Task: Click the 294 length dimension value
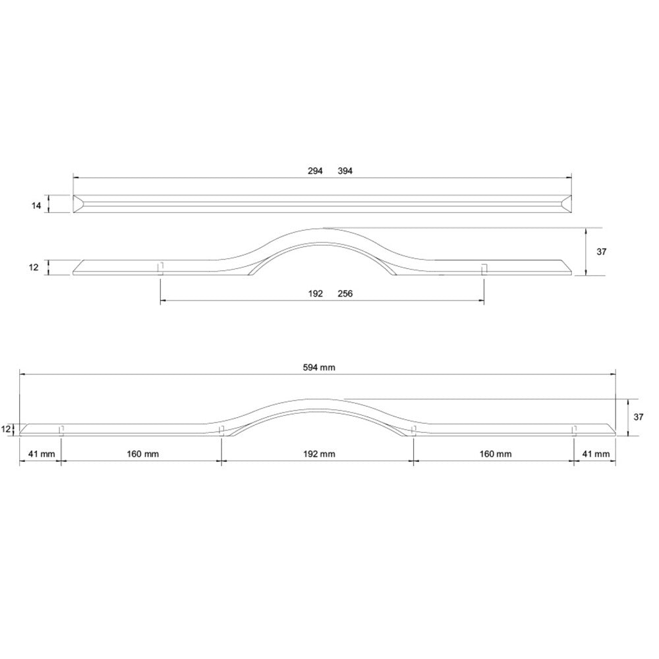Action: click(315, 171)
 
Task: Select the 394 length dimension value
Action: click(345, 171)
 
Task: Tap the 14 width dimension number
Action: click(37, 205)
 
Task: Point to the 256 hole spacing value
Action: click(345, 294)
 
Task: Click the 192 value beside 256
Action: click(315, 294)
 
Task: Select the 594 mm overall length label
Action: click(319, 368)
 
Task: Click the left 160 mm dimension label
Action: click(141, 454)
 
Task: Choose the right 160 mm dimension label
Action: click(495, 454)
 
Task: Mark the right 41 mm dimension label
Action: click(596, 454)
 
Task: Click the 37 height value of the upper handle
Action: click(600, 252)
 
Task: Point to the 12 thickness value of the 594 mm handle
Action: click(7, 429)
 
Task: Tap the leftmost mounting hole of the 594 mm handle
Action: click(61, 430)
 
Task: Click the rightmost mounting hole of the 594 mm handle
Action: click(573, 430)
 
